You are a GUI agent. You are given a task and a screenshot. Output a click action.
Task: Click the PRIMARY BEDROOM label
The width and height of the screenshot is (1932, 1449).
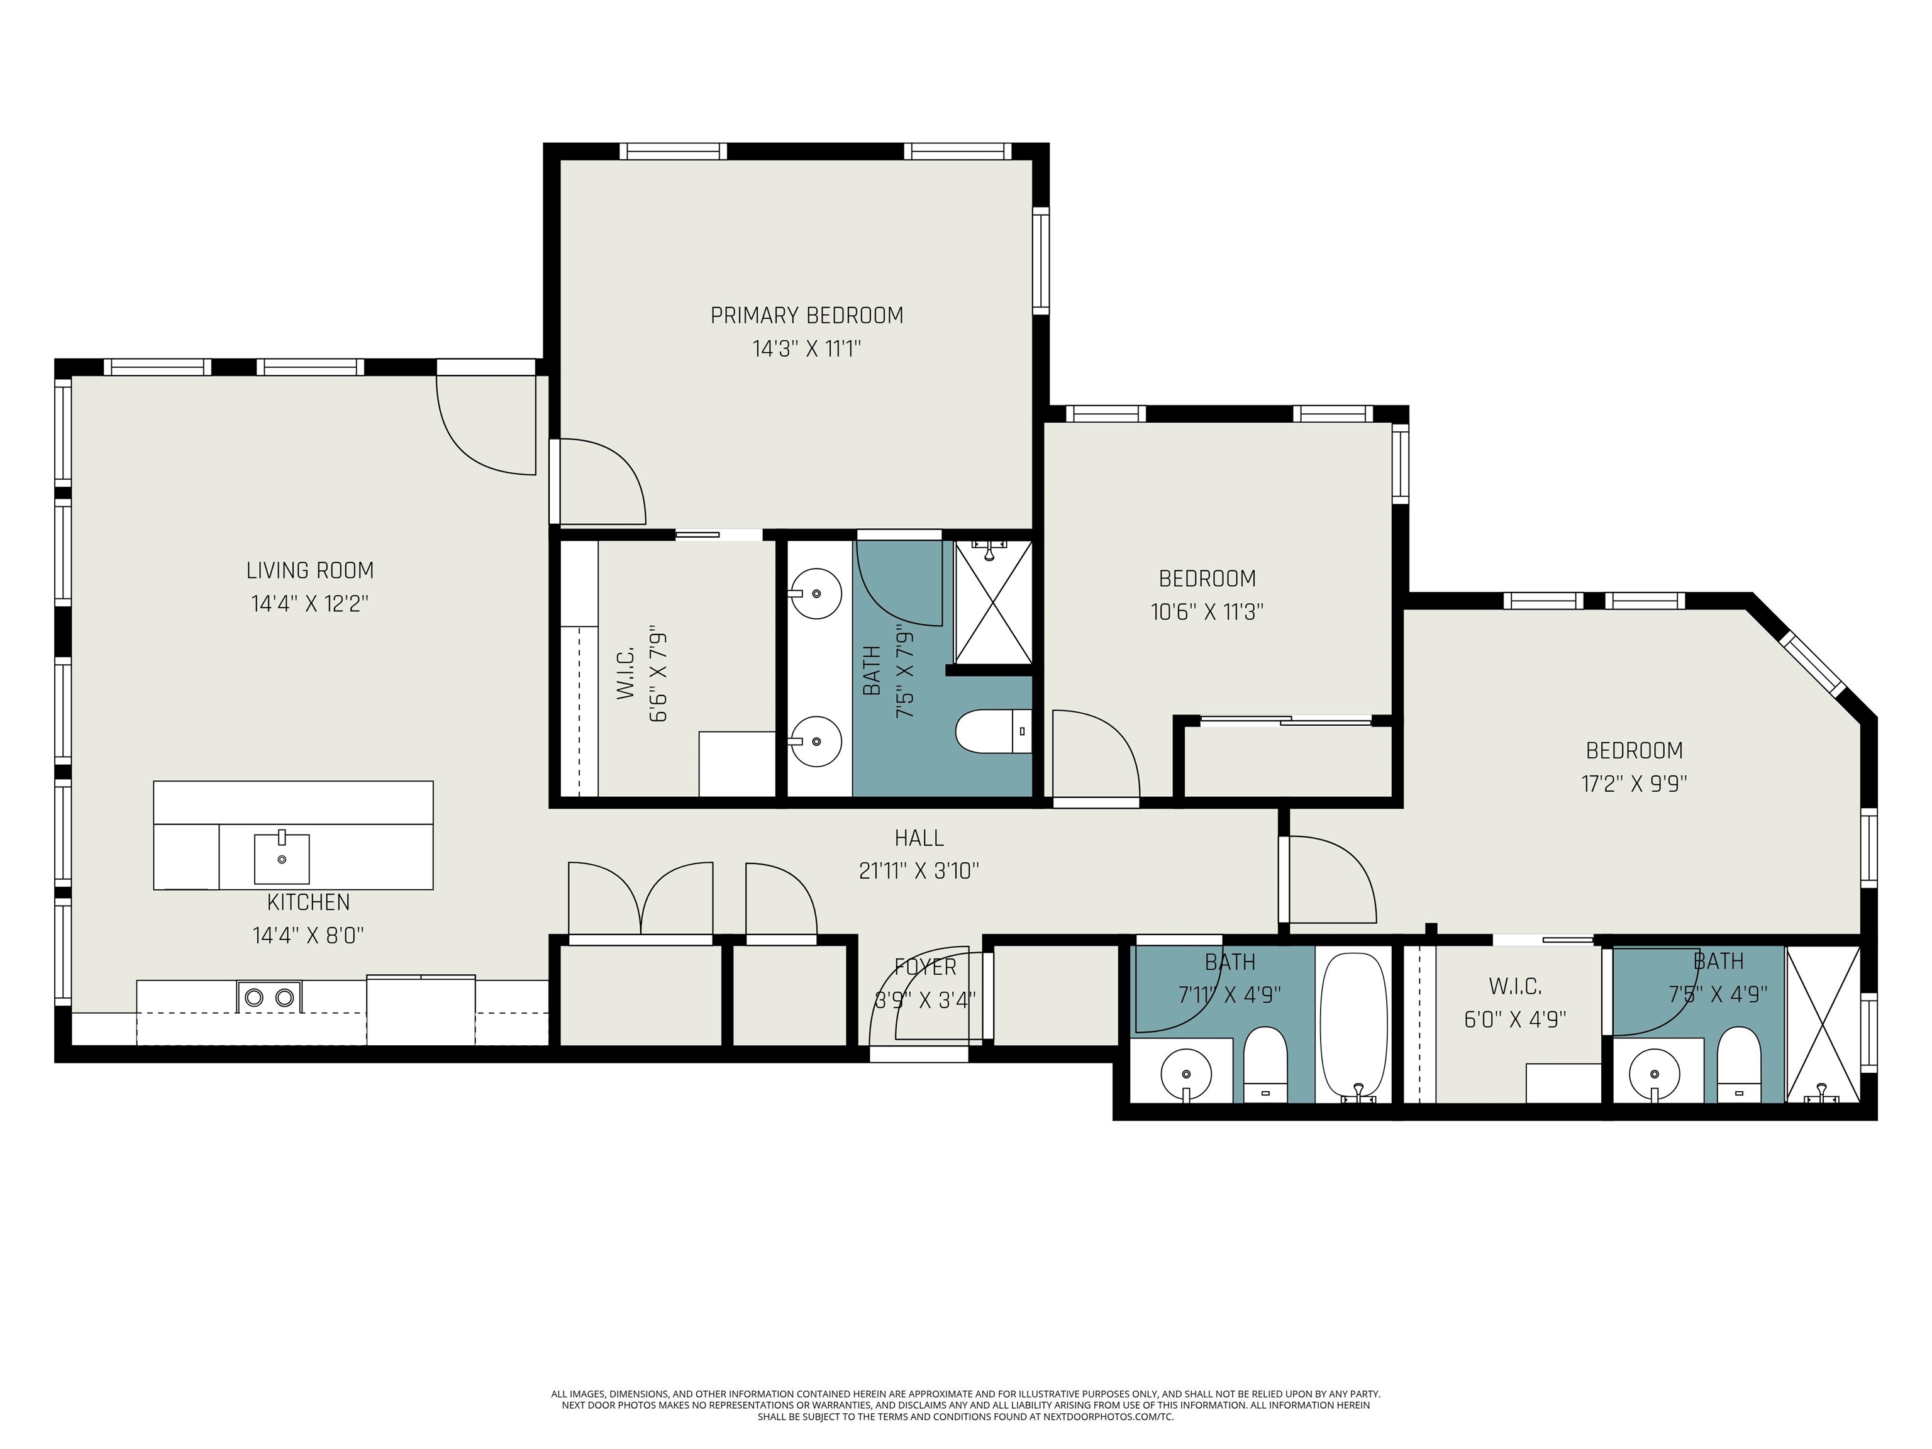(806, 315)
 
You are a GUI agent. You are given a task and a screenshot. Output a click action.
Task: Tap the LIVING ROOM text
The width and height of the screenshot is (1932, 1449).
(310, 570)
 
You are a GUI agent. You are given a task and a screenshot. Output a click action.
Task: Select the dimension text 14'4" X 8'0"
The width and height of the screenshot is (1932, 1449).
(308, 935)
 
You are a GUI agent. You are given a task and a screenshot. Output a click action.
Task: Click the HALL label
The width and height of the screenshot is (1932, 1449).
(919, 838)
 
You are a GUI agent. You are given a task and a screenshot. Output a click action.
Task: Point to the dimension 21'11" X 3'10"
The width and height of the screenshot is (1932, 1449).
(919, 871)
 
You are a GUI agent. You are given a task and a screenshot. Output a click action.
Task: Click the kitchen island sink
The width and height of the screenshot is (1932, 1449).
(281, 858)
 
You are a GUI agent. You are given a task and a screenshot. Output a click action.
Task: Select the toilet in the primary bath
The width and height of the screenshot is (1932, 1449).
(994, 731)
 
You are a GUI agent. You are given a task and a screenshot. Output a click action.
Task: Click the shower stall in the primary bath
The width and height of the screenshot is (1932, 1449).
(993, 602)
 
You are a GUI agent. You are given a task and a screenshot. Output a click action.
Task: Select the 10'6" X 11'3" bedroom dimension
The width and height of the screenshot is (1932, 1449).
(1207, 611)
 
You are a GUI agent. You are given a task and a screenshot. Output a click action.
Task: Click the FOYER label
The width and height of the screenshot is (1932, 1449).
(926, 967)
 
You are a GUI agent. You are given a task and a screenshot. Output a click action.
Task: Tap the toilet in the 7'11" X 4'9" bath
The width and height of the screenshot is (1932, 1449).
(1265, 1065)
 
